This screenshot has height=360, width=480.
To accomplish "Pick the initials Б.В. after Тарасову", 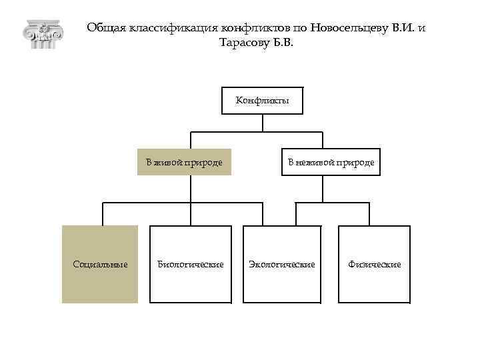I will coord(281,43).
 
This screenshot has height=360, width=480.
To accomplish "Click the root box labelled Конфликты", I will coord(262,101).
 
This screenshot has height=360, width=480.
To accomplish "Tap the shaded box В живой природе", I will coord(184,162).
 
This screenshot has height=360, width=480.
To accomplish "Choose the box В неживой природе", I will coord(331,162).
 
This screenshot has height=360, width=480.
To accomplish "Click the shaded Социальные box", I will coord(100,264).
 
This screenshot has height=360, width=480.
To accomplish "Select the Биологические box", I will coord(190,264).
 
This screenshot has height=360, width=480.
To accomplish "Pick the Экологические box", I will coord(281,264).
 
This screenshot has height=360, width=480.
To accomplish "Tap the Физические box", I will coord(374,264).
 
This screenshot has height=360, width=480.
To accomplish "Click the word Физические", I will coord(374,265).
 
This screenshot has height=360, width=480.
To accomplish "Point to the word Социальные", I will coord(100,265).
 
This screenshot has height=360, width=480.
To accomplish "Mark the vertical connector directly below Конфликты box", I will coord(263,123).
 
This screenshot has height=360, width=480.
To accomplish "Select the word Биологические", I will coord(190,265).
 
